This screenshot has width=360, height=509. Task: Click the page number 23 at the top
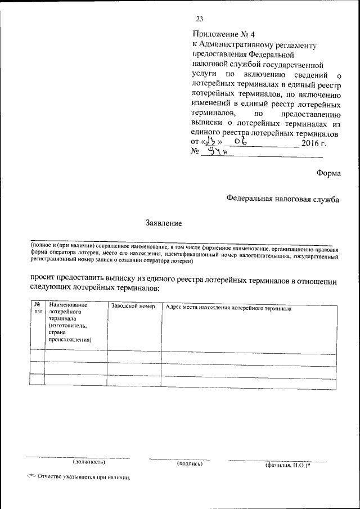point(199,21)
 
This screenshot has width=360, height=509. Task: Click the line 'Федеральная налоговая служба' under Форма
point(283,199)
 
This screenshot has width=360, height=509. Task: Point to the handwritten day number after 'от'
point(211,142)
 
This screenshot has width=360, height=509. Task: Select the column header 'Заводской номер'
point(133,307)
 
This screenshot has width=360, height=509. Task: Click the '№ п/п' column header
point(37,308)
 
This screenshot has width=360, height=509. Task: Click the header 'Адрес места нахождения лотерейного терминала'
point(228,308)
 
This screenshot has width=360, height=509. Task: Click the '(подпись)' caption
point(190,464)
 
